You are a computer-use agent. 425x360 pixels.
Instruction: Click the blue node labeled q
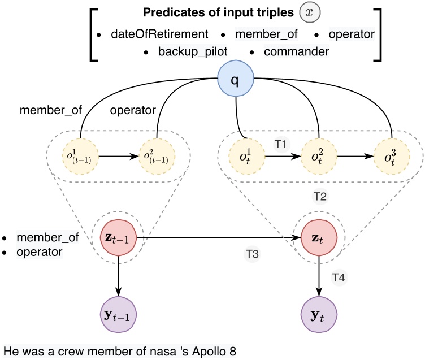(x=235, y=80)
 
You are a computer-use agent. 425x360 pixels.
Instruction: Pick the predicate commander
(x=288, y=52)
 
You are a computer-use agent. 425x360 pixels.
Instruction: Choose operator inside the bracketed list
(x=353, y=34)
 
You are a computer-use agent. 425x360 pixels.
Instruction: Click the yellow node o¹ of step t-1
(x=82, y=155)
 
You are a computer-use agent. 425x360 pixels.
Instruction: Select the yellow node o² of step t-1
(x=155, y=155)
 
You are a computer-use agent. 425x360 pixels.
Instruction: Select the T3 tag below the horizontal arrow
(x=252, y=254)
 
